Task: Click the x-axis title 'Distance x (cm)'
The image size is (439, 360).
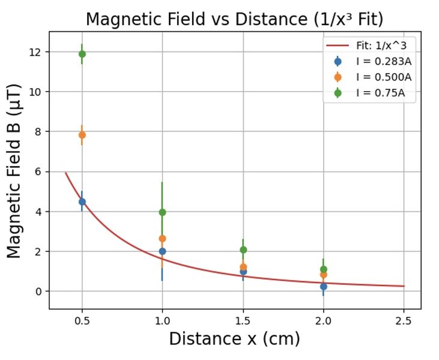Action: pos(234,339)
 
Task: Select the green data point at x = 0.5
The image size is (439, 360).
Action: pos(82,54)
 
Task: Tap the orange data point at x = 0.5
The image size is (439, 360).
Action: pos(82,135)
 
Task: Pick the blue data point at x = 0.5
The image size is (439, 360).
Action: pos(82,202)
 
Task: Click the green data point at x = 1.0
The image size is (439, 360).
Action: pos(162,212)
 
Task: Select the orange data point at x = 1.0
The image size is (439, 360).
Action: pos(162,238)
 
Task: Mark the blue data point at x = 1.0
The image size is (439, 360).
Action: pos(162,251)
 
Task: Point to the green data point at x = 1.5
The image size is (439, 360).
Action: pos(243,250)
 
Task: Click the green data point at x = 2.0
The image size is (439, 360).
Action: pos(323,269)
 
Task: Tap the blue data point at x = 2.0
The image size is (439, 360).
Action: pos(323,286)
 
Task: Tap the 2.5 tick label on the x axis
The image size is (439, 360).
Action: pos(404,322)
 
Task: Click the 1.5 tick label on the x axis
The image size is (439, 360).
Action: pos(243,322)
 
